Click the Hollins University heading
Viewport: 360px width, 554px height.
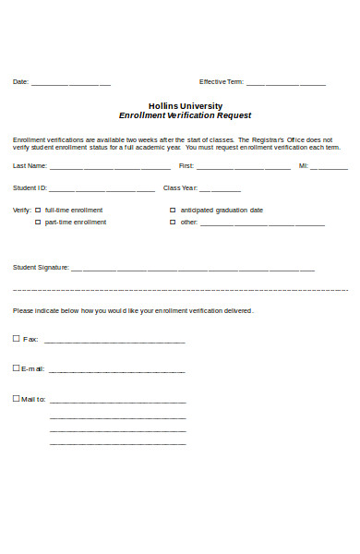(x=185, y=105)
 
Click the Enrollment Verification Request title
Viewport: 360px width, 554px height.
(x=185, y=116)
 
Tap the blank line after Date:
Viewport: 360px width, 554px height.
(x=71, y=83)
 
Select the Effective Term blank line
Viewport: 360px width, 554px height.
(x=285, y=83)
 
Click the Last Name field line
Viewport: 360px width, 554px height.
(x=110, y=168)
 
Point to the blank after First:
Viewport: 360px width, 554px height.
(x=244, y=168)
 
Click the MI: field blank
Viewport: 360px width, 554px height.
(x=332, y=168)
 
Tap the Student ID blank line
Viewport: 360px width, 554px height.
(x=102, y=189)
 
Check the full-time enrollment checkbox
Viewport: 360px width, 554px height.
(x=38, y=210)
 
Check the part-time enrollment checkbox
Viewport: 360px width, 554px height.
(x=38, y=222)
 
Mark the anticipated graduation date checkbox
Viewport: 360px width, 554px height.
(x=173, y=210)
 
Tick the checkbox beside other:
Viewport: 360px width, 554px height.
(x=173, y=222)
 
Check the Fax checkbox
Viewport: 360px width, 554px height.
(x=16, y=338)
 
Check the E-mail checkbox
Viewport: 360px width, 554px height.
(x=16, y=367)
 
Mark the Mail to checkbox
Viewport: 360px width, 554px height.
(x=16, y=398)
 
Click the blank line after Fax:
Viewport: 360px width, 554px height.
(x=114, y=342)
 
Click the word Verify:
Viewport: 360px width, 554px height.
(x=21, y=211)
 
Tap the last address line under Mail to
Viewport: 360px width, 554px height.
(x=117, y=445)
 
